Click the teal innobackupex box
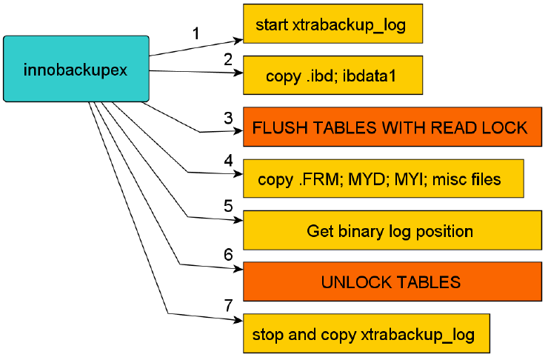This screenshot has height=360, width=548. point(76,68)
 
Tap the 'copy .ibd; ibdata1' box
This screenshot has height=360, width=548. point(333,75)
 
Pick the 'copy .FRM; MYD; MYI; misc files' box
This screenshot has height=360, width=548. point(384,179)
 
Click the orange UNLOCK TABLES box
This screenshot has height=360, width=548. point(392,281)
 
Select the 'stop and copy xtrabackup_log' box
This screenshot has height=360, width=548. point(367,333)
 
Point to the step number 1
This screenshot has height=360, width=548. point(196,33)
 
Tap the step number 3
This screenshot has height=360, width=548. point(229,118)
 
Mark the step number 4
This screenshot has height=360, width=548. point(229,161)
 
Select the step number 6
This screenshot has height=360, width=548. point(229,253)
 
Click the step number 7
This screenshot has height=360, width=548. point(229,305)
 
